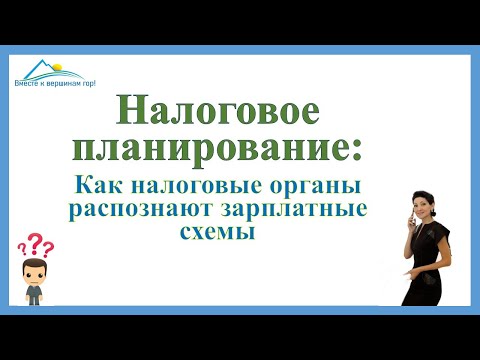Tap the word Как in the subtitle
coord(101,187)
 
